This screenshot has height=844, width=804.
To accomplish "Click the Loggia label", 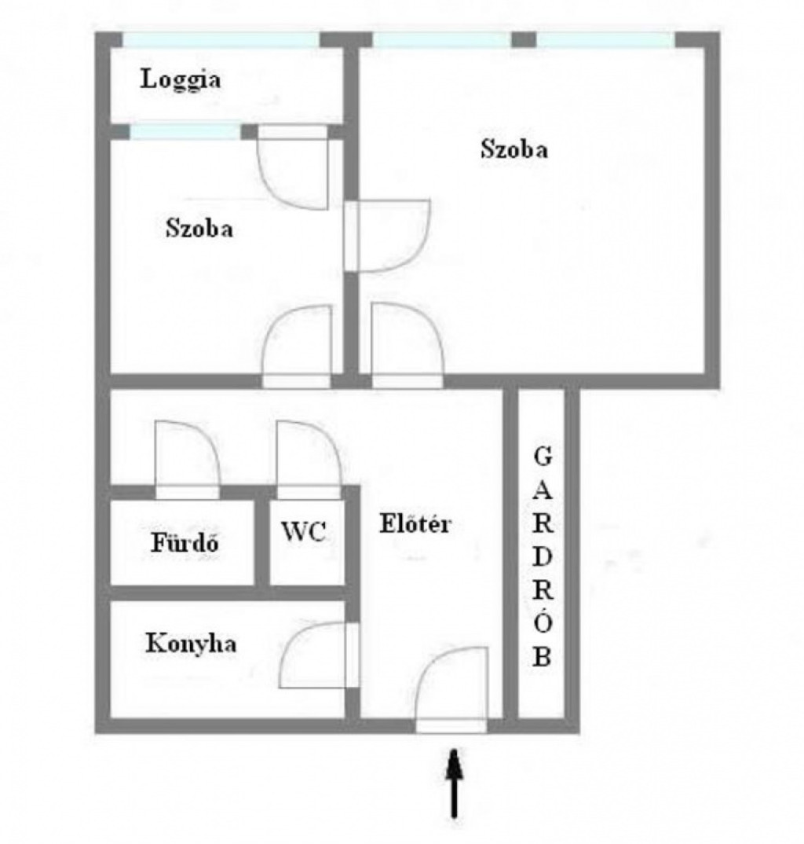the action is tap(180, 80).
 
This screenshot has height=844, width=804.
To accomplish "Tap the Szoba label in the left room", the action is tap(199, 228).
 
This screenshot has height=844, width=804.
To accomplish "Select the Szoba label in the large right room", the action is tap(514, 149).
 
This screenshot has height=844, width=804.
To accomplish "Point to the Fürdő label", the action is tap(185, 542).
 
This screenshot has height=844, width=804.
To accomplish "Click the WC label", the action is tap(304, 532).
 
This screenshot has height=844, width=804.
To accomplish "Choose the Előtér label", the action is tap(415, 523).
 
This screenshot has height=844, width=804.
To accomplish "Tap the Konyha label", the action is tap(191, 644).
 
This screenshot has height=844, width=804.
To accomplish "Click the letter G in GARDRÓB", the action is tap(543, 457).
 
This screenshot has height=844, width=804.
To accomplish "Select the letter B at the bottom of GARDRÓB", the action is tap(542, 656).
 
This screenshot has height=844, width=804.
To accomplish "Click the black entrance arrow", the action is tap(455, 783).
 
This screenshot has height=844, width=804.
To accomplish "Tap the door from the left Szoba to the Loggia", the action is tap(293, 167).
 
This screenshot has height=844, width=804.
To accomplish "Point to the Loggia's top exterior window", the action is tap(221, 40).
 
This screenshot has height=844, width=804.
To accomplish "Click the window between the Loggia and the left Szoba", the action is tap(185, 132).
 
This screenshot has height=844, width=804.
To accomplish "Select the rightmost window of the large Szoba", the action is tap(605, 40).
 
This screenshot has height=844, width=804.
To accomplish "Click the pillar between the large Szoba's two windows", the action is tap(523, 40).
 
